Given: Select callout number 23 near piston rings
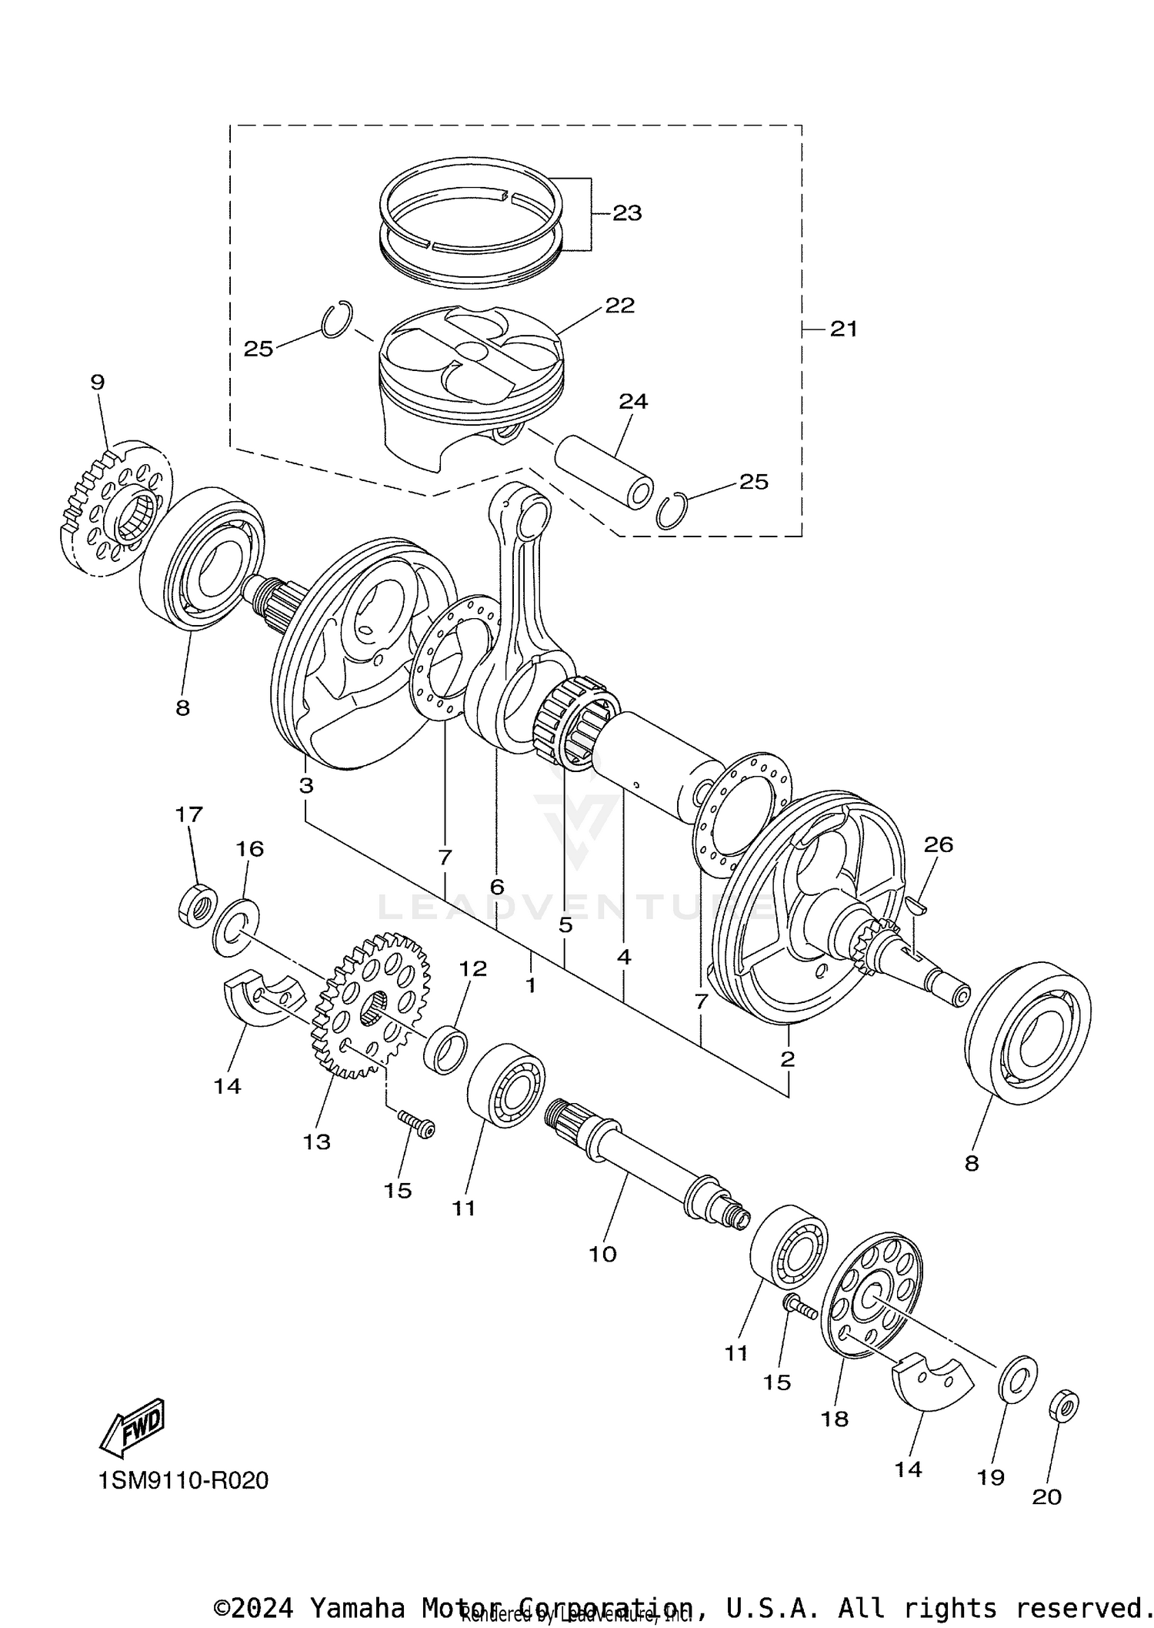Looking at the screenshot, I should (627, 213).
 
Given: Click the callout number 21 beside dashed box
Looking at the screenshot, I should (843, 329).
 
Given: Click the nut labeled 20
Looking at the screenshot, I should (1063, 1406).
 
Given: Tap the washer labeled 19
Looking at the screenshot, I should (1017, 1377).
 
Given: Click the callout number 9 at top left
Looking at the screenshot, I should (97, 383).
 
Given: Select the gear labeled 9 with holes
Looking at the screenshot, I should (115, 508).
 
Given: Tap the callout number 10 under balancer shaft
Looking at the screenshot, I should (602, 1254).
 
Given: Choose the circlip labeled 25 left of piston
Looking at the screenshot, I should (337, 319).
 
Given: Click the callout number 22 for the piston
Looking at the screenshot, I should (619, 306).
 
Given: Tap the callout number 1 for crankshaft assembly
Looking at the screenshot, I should (529, 985).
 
